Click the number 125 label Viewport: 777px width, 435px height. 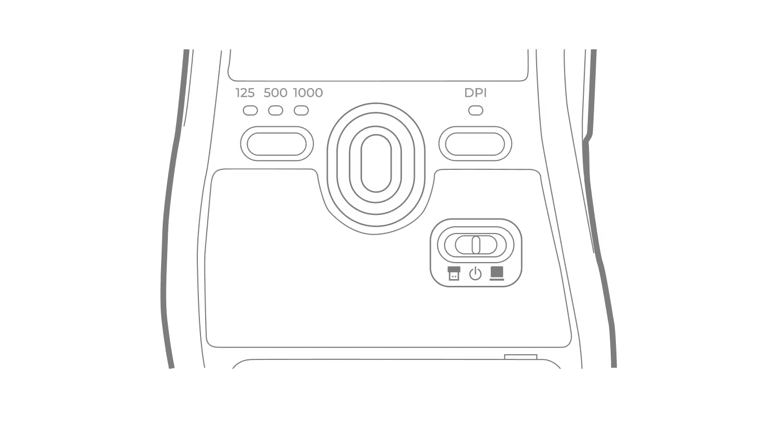point(245,93)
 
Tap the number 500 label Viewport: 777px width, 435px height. point(275,93)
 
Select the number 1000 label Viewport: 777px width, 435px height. point(308,93)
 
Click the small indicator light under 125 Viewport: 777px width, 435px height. point(251,110)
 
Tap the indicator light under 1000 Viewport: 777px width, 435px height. point(302,110)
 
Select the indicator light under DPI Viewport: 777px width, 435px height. point(476,110)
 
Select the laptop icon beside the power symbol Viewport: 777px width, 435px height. point(498,273)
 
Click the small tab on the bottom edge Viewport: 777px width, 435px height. point(520,356)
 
